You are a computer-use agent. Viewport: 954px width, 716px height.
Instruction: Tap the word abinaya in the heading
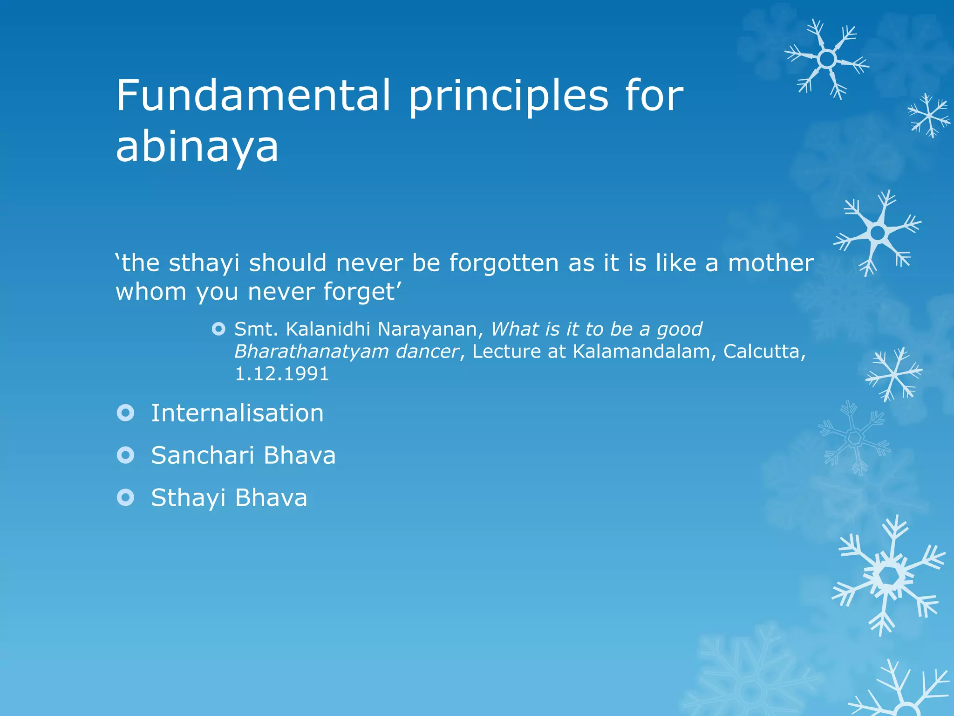pyautogui.click(x=197, y=146)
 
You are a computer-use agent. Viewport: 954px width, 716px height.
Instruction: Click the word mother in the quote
pyautogui.click(x=771, y=263)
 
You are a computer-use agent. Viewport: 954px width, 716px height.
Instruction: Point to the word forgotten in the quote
pyautogui.click(x=504, y=263)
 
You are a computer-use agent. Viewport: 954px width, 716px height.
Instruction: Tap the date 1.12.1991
pyautogui.click(x=281, y=374)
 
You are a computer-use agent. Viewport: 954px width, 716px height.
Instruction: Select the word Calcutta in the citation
pyautogui.click(x=763, y=351)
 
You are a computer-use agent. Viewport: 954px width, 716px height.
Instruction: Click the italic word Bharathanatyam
pyautogui.click(x=311, y=352)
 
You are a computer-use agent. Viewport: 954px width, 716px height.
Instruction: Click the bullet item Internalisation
pyautogui.click(x=237, y=413)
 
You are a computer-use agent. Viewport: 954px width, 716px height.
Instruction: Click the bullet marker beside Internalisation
pyautogui.click(x=125, y=413)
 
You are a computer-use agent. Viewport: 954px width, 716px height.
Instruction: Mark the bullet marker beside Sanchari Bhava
pyautogui.click(x=125, y=455)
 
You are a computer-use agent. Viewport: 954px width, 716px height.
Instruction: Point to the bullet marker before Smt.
pyautogui.click(x=218, y=330)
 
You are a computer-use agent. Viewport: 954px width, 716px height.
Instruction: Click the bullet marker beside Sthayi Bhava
pyautogui.click(x=125, y=497)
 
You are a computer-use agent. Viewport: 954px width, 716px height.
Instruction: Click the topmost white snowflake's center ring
pyautogui.click(x=827, y=59)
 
